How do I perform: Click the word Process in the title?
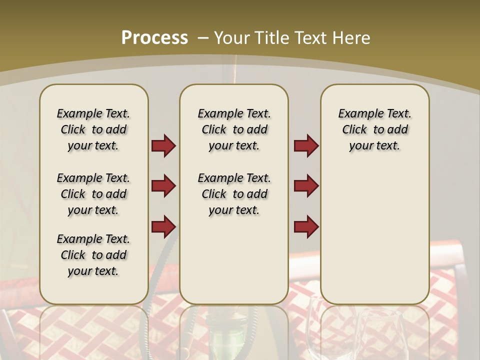pos(154,37)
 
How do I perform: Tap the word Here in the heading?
pos(352,37)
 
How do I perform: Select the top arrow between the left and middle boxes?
pos(163,146)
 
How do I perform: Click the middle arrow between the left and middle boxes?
pos(163,186)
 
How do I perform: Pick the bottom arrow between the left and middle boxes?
pos(163,226)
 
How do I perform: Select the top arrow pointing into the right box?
pos(306,146)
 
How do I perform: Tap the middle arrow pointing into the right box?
pos(306,186)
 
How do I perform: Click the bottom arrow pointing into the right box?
pos(306,226)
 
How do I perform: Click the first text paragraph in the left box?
pos(93,129)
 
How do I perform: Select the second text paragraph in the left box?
pos(93,194)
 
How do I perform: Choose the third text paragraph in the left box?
pos(93,255)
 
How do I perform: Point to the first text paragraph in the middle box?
pos(234,129)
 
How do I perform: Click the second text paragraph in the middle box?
pos(234,194)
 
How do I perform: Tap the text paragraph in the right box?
pos(374,129)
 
